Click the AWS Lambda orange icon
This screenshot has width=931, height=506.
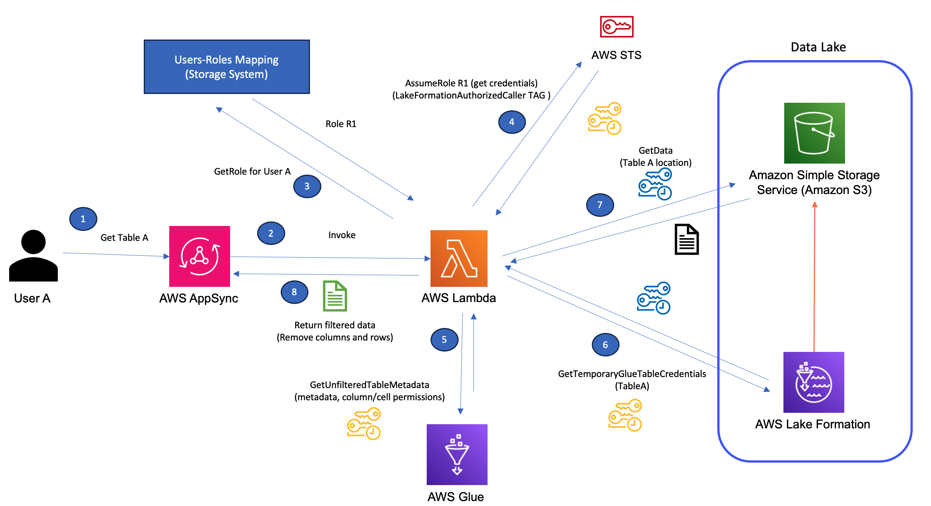click(x=459, y=258)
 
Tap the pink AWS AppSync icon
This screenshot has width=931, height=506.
click(x=199, y=256)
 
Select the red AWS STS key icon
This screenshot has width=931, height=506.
click(x=616, y=27)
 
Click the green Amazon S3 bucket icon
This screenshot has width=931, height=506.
click(x=814, y=133)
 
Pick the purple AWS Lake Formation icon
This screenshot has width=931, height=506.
click(x=813, y=382)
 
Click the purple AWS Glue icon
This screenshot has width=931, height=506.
click(x=457, y=454)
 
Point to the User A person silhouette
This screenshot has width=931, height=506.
click(x=33, y=256)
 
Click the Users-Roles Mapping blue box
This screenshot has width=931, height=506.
click(x=227, y=67)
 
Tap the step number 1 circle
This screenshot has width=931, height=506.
click(x=83, y=219)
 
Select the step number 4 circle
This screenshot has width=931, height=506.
click(x=512, y=122)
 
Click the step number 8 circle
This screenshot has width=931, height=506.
click(x=294, y=292)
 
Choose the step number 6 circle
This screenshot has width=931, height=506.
click(x=605, y=345)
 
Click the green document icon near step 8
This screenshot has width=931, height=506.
click(x=335, y=296)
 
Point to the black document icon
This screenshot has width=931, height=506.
click(x=686, y=239)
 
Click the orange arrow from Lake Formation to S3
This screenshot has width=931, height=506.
click(x=814, y=278)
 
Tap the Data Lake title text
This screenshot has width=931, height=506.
click(x=818, y=47)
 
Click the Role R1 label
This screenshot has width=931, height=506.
click(x=341, y=124)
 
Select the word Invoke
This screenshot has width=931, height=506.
click(x=342, y=235)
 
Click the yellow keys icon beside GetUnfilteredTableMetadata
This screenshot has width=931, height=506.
click(x=364, y=423)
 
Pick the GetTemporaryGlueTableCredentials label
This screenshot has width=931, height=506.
click(x=631, y=374)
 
